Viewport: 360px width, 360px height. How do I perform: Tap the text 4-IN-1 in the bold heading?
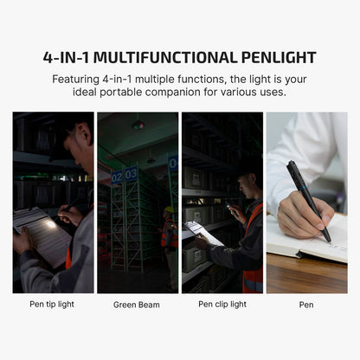click(66, 58)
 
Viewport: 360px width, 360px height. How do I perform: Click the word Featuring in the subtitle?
click(78, 78)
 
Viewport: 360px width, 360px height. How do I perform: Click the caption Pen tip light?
click(54, 304)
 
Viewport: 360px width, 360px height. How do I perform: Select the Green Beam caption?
click(137, 305)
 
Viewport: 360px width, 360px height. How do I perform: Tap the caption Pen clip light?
click(222, 304)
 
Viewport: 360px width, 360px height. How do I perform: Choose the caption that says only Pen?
click(306, 304)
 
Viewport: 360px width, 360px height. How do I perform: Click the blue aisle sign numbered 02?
click(117, 177)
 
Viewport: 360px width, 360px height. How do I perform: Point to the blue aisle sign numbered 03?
click(131, 174)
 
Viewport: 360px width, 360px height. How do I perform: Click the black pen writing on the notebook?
click(308, 199)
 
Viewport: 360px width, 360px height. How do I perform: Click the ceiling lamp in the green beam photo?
click(138, 125)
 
